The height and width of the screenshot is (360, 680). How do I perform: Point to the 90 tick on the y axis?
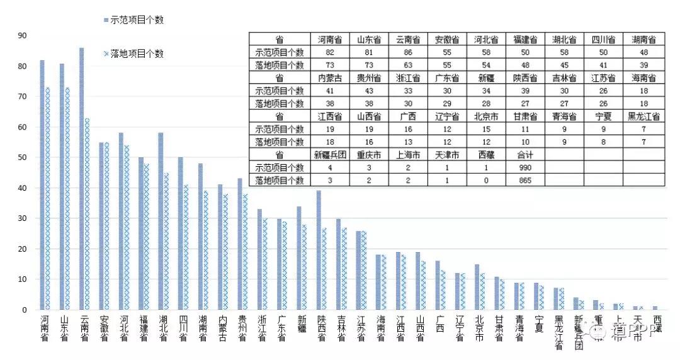(x=23, y=36)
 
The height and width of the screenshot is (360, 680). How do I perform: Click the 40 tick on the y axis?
(x=23, y=188)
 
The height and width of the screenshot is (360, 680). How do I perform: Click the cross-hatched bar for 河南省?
(x=48, y=198)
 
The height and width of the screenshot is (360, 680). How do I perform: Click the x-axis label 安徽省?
(x=104, y=328)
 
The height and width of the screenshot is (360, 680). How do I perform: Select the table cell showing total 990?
(x=524, y=168)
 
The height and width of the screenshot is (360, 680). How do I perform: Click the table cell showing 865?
(x=524, y=181)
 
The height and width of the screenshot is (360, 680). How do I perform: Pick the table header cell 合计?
(x=524, y=155)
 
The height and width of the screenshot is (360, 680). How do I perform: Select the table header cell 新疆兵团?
(x=330, y=155)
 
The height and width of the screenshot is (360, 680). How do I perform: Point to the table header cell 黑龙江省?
(x=643, y=116)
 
